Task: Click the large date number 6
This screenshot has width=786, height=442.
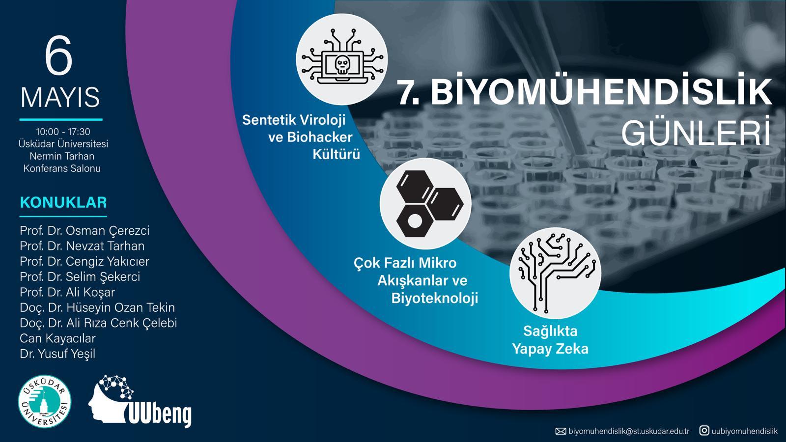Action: (x=58, y=55)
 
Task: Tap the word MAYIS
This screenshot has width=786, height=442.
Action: (x=60, y=97)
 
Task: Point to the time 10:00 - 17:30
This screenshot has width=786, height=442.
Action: (x=63, y=132)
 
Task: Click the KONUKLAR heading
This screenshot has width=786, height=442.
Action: (x=63, y=202)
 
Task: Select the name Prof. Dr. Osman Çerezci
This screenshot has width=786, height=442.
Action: (x=84, y=231)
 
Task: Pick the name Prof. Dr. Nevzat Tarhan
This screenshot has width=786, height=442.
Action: (x=82, y=246)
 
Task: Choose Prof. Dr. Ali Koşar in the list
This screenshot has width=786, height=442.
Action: (x=67, y=292)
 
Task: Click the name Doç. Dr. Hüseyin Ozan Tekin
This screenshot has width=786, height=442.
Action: (x=97, y=307)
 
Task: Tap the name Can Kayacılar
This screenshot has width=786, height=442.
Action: (x=57, y=338)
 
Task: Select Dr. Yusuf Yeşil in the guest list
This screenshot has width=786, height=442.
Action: (x=57, y=354)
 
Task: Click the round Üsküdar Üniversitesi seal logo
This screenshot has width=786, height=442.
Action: (x=45, y=402)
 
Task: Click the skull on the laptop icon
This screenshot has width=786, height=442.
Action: (x=342, y=65)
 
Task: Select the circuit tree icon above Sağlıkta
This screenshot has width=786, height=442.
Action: (x=556, y=273)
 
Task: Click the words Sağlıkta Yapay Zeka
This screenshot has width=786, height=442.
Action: (x=550, y=340)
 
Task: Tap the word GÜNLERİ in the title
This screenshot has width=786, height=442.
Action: (x=696, y=132)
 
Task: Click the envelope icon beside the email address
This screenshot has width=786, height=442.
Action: (x=561, y=431)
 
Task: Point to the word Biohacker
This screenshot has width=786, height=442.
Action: (x=320, y=137)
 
